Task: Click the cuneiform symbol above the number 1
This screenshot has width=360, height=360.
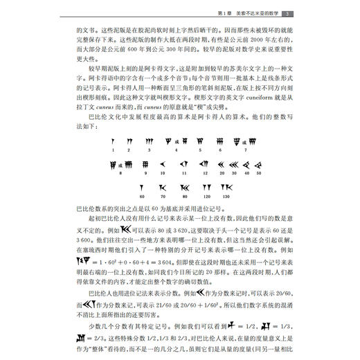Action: (x=111, y=142)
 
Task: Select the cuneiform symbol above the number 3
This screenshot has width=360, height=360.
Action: (x=148, y=142)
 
